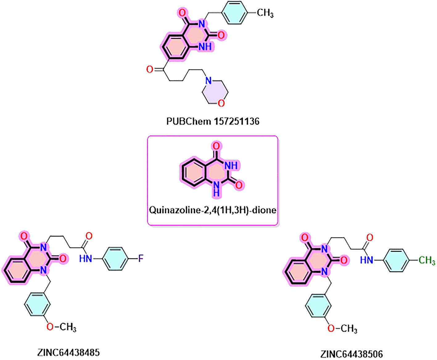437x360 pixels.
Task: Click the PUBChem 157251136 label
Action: pos(213,121)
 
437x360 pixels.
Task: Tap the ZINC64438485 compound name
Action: pos(68,352)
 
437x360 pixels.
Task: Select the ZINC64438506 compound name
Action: pos(352,354)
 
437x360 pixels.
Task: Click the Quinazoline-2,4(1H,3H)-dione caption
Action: pos(213,210)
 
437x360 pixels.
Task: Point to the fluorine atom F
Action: pos(141,258)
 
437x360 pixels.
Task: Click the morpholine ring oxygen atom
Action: pos(221,103)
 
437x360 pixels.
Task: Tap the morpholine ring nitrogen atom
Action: pos(208,81)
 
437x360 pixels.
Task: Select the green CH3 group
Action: pos(427,261)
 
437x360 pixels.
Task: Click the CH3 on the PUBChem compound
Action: pos(265,13)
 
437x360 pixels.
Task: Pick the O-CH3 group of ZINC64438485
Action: pos(61,327)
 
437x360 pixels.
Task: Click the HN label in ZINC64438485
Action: pos(86,258)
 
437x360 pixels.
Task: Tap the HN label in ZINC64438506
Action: pos(367,260)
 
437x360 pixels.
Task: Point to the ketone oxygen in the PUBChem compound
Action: pos(150,69)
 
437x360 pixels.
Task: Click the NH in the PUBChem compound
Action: pos(205,46)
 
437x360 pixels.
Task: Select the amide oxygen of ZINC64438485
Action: pos(89,236)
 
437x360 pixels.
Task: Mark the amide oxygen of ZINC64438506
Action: pos(370,237)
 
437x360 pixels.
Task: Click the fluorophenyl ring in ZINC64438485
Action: pos(115,258)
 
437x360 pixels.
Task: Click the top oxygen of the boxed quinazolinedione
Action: pos(216,146)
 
